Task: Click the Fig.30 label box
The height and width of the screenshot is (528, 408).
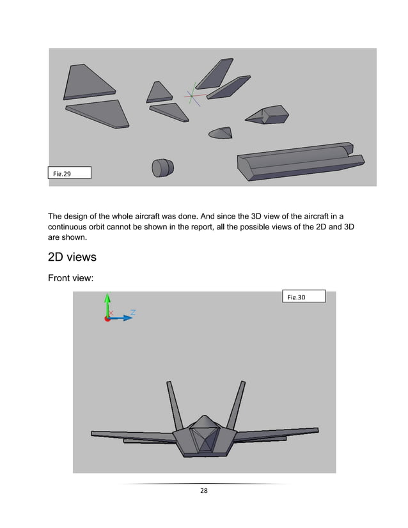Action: click(x=304, y=296)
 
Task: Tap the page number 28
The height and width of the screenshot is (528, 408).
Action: click(x=204, y=491)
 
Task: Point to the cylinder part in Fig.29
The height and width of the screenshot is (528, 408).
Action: click(x=162, y=167)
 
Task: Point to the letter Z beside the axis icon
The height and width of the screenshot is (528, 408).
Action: click(x=132, y=313)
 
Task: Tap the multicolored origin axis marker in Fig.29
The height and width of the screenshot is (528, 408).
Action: click(x=192, y=96)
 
